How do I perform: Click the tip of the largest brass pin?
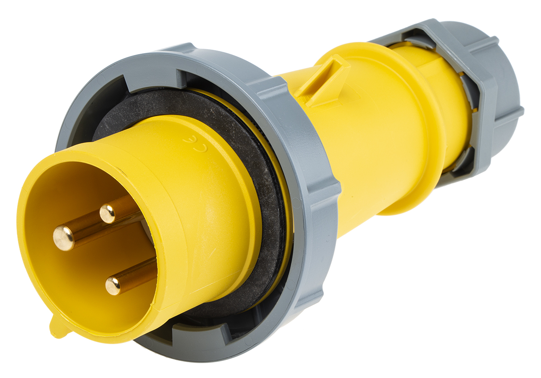(64, 237)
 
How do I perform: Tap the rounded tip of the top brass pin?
(107, 214)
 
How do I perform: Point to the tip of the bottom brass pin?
(113, 286)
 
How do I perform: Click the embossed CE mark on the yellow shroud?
(196, 144)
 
